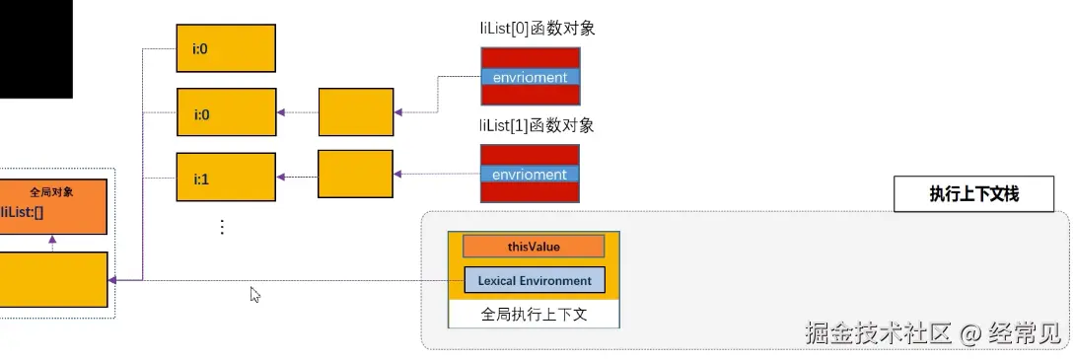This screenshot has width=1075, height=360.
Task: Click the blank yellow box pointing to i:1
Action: (355, 174)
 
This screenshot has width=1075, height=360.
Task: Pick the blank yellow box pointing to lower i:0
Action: (355, 111)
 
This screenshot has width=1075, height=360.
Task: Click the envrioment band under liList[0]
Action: (530, 77)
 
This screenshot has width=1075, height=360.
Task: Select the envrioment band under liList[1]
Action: (530, 174)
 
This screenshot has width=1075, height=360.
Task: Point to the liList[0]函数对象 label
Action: (537, 29)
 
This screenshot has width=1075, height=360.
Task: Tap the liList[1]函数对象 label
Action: (537, 125)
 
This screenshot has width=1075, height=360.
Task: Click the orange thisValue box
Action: (533, 247)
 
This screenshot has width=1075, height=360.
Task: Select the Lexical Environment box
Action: (534, 280)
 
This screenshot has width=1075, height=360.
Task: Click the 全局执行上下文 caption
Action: (534, 315)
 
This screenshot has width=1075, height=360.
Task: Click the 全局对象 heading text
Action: (51, 192)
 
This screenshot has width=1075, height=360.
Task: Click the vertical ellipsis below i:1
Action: (222, 227)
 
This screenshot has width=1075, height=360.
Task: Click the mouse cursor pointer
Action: (254, 293)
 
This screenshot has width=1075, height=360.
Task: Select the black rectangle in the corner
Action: (36, 48)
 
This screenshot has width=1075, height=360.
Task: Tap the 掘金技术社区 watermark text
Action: (878, 333)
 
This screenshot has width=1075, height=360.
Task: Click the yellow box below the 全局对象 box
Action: (53, 280)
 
